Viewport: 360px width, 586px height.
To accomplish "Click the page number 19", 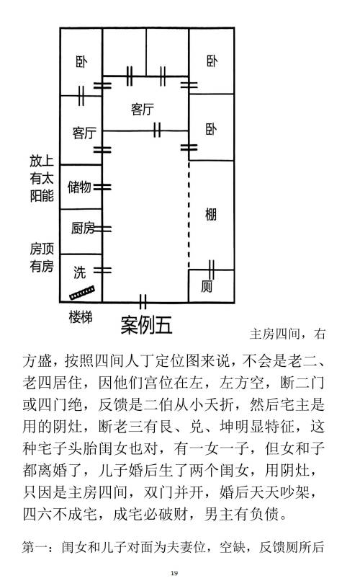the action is click(174, 573).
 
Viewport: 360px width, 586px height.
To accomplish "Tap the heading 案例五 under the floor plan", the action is click(146, 325).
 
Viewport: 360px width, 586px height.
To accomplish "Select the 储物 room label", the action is click(79, 187).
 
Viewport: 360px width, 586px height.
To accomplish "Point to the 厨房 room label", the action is click(83, 228).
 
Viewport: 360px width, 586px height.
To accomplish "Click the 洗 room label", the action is click(79, 272).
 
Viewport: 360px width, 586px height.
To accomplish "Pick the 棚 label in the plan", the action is click(211, 215).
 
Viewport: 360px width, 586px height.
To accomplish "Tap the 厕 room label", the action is click(207, 287).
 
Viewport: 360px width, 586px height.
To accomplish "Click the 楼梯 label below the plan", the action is click(81, 317).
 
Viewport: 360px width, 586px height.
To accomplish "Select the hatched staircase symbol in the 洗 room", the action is click(82, 293).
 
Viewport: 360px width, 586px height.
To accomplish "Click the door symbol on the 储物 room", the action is click(102, 187).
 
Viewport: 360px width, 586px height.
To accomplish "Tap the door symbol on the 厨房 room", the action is click(102, 228).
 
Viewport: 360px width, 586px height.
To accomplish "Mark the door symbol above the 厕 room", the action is click(212, 270).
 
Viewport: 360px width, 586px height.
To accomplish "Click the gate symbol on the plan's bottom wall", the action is click(143, 301).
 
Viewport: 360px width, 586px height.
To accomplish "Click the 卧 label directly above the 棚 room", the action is click(212, 129).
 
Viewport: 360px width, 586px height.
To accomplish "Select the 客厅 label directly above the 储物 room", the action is click(84, 133).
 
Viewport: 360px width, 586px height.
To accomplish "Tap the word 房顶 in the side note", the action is click(42, 249).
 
